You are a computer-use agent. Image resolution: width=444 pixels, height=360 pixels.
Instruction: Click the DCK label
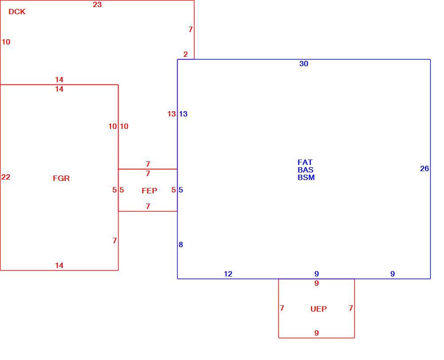coord(17,12)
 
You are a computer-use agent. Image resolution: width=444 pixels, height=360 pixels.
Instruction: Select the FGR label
coord(61,178)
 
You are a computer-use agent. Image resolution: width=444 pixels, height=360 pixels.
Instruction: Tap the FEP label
coord(149,191)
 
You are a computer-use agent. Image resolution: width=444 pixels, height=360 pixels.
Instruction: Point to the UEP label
coord(318,309)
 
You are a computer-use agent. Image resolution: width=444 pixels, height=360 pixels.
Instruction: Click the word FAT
coord(305,162)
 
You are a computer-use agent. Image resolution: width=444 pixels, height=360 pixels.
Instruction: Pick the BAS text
coord(305,170)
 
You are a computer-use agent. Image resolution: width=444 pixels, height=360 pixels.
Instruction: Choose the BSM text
coord(306,177)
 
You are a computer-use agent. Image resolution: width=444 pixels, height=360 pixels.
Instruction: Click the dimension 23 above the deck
coord(97,4)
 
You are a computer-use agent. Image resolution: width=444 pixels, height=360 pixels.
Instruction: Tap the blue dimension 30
coord(304,64)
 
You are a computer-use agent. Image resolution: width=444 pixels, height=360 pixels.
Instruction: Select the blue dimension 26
coord(424,168)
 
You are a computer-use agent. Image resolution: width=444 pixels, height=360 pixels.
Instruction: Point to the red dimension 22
coord(6,177)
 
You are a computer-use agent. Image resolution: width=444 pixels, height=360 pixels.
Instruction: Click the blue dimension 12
coord(228,274)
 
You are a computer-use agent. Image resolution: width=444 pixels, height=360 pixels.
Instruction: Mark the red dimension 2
coord(186,54)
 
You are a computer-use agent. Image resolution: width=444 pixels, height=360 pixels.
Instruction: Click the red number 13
coord(171,114)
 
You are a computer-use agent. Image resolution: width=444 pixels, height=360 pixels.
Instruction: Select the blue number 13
coord(183,114)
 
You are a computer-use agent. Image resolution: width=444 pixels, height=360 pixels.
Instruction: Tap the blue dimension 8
coord(181,244)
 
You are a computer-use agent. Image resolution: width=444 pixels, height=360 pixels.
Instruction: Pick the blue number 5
coord(181,190)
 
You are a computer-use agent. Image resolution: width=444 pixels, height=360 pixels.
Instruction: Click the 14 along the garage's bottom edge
coord(59,266)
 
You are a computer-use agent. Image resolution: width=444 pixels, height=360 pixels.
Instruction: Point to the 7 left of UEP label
coord(282,308)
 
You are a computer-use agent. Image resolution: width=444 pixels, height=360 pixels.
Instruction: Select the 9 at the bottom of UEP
coord(317,333)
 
